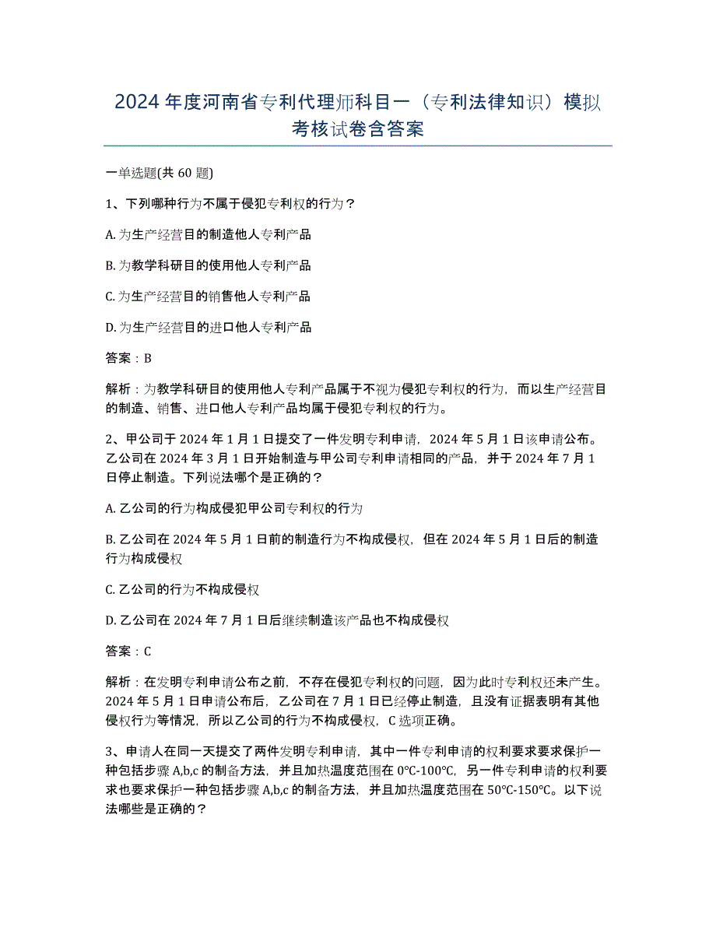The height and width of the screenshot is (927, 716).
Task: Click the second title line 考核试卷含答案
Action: (357, 128)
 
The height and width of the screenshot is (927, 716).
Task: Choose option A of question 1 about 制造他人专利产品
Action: (208, 234)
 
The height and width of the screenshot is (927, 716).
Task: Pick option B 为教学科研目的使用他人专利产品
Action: (208, 265)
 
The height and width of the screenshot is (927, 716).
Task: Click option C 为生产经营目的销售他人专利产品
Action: (208, 297)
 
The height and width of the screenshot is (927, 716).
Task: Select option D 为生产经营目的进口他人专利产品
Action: (208, 328)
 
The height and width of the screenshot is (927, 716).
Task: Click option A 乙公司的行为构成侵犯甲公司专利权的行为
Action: (233, 508)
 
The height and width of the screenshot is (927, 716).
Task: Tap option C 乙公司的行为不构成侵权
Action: (182, 589)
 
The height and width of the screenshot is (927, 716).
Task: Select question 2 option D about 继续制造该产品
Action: (277, 620)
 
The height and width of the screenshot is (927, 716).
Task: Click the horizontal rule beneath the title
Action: (357, 146)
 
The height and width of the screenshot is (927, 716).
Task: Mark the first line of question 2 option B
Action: (350, 539)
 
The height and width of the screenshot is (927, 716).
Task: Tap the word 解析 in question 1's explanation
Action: (118, 390)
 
